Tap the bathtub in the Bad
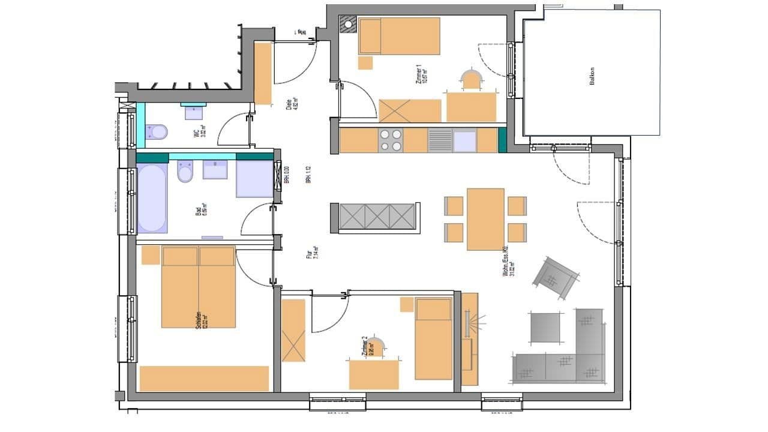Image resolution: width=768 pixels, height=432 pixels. (x=152, y=198)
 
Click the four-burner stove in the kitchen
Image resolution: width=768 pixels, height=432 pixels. (x=390, y=140)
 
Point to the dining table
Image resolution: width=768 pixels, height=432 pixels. (x=485, y=219)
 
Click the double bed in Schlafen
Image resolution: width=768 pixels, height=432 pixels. (x=198, y=287)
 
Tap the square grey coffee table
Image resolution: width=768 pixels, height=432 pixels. (x=545, y=328)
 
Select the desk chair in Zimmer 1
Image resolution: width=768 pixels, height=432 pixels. (x=471, y=80)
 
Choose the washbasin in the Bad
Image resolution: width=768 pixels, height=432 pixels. (x=215, y=170)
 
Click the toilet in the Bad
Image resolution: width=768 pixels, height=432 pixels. (x=185, y=173)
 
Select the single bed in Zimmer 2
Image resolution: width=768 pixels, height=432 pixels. (x=433, y=339)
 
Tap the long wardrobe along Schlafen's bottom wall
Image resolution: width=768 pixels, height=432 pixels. (x=204, y=379)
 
